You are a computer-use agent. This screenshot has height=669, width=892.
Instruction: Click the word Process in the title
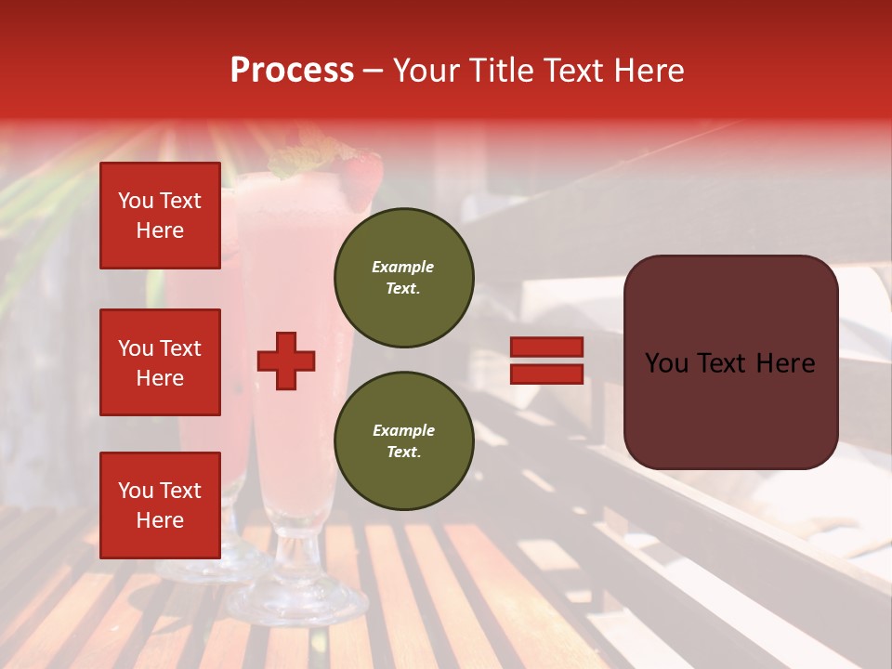point(292,70)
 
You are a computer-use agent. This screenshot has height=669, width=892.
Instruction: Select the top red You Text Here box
point(160,216)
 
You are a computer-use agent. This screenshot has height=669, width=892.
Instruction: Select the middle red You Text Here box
point(160,362)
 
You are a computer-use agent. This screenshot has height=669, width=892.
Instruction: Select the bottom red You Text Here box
point(160,505)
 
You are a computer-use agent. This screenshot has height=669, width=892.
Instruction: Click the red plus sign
point(286,361)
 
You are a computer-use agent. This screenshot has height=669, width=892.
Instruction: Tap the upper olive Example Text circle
point(403,277)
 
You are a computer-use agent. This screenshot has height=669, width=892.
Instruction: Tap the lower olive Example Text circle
point(403,440)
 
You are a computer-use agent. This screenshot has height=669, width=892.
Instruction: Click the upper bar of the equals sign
point(546,347)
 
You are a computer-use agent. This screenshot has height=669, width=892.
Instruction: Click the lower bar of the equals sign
point(546,374)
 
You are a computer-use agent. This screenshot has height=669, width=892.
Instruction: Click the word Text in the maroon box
point(728,362)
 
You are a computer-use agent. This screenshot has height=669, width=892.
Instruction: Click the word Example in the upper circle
point(403,267)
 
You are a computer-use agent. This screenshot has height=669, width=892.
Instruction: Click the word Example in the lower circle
point(403,430)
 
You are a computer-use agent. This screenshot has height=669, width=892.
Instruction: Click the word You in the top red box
point(135,201)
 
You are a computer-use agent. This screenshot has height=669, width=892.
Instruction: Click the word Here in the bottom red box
point(160,520)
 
